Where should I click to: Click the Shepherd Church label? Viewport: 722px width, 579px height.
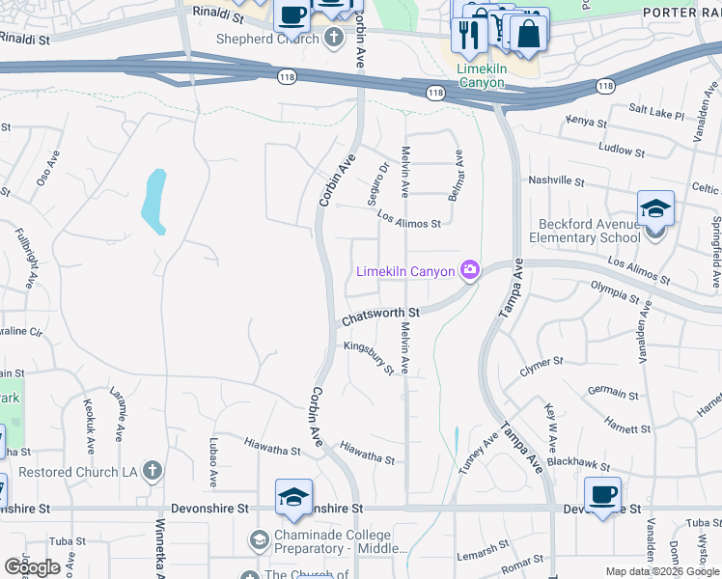click(x=266, y=39)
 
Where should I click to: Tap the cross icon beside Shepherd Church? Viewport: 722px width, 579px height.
click(x=333, y=39)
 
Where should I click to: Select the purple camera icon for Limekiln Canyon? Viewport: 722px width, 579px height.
click(x=469, y=270)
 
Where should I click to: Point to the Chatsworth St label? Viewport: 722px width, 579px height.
click(x=381, y=314)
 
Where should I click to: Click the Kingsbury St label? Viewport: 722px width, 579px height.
click(x=370, y=356)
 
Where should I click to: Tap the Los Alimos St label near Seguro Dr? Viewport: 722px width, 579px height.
click(x=408, y=221)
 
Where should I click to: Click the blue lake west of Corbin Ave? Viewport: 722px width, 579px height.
click(x=154, y=200)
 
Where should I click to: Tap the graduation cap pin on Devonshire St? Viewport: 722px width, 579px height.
click(x=293, y=498)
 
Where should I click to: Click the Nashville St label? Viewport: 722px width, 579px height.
click(x=555, y=180)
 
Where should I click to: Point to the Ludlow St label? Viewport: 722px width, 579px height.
click(x=621, y=150)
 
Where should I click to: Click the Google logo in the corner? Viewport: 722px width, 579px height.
click(x=33, y=567)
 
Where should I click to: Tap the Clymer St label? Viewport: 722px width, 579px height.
click(x=541, y=366)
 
